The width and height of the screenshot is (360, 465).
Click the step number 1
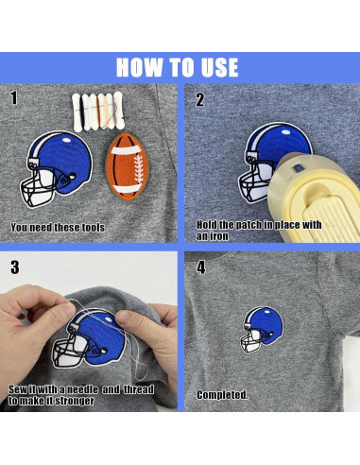14,98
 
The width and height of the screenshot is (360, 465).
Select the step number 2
200,98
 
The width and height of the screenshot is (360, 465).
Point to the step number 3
14,267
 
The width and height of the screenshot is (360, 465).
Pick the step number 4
200,267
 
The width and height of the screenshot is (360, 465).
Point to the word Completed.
222,393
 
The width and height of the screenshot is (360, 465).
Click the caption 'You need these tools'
58,228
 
